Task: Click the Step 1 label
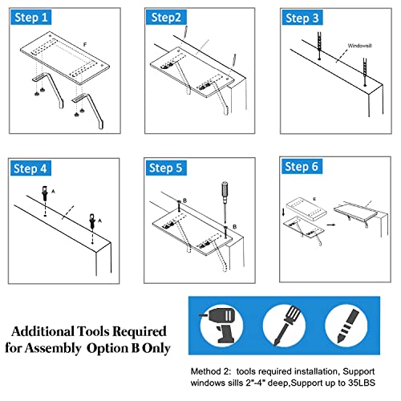[31, 18]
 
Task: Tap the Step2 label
[166, 18]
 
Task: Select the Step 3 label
[302, 18]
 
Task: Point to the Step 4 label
[30, 168]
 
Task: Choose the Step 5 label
[165, 168]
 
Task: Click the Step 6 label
[302, 166]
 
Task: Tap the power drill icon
[221, 326]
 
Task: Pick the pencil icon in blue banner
[347, 326]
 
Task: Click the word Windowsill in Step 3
[359, 46]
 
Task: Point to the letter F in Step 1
[85, 44]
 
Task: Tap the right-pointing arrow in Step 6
[331, 225]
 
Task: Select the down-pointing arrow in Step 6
[284, 212]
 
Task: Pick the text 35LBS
[362, 383]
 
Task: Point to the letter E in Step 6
[314, 199]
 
